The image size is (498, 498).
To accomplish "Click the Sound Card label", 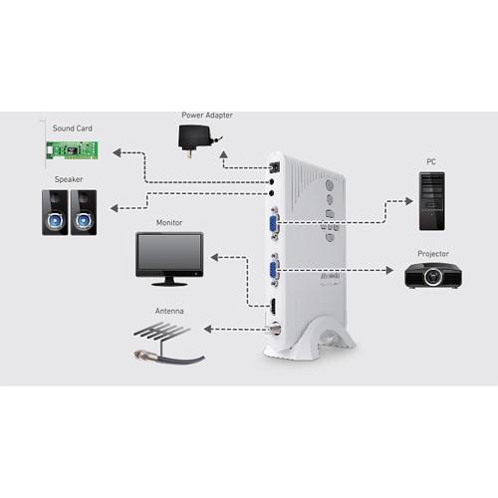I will click(x=72, y=129).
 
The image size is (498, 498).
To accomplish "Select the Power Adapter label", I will click(x=207, y=116).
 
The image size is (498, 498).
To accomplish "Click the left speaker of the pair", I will click(x=55, y=211).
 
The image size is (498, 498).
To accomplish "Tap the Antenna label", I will click(x=169, y=311).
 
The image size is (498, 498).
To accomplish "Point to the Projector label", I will click(x=433, y=253).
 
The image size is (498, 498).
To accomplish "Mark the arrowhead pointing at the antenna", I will click(x=209, y=328).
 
